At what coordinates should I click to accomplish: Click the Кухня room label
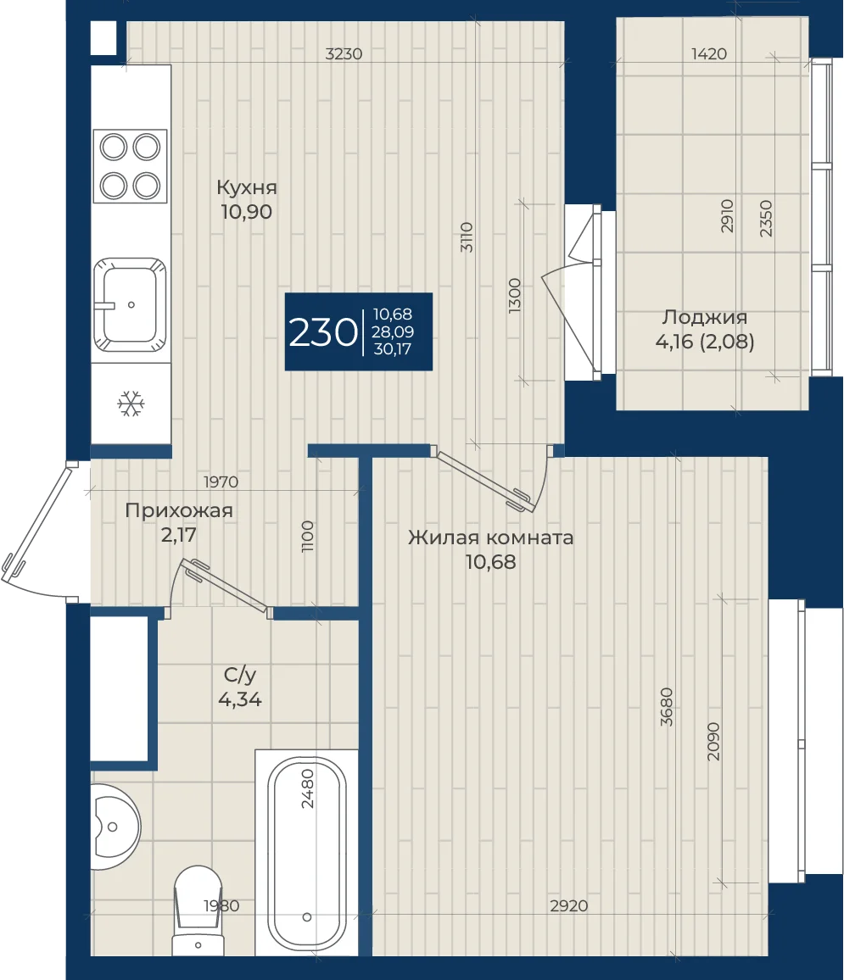[x=246, y=187]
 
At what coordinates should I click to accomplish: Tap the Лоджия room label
[x=705, y=317]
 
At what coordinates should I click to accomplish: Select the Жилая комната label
[x=491, y=537]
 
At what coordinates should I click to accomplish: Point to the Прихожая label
[x=179, y=510]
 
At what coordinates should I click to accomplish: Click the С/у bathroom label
[x=240, y=675]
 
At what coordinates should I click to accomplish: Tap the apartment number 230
[x=322, y=332]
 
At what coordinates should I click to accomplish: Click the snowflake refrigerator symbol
[x=131, y=404]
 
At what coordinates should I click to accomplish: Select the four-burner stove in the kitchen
[x=131, y=166]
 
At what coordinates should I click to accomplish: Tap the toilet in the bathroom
[x=198, y=910]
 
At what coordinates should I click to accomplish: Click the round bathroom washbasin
[x=115, y=827]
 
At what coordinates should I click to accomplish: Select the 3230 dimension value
[x=344, y=53]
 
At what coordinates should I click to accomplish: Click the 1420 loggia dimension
[x=709, y=53]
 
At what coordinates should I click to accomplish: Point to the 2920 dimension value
[x=569, y=905]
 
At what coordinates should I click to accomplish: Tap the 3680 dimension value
[x=667, y=707]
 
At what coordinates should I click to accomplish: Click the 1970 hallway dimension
[x=221, y=482]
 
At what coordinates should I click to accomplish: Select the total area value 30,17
[x=393, y=348]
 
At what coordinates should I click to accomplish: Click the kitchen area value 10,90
[x=246, y=212]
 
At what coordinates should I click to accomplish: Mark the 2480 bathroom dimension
[x=308, y=788]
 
